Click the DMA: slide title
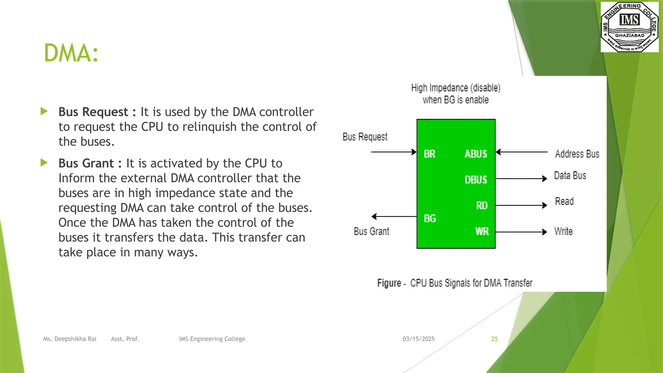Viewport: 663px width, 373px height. [x=71, y=53]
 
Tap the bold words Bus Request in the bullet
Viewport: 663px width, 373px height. [x=93, y=112]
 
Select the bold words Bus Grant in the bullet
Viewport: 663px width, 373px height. [x=86, y=164]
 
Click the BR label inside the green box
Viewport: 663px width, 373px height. [x=430, y=154]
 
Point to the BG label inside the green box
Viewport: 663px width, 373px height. [x=430, y=219]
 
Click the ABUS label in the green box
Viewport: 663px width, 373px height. [x=476, y=154]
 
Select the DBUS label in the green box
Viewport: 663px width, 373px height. [x=476, y=180]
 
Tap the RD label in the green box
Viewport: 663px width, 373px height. [x=482, y=206]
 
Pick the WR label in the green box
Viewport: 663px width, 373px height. [x=482, y=232]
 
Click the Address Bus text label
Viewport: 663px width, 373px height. [x=577, y=154]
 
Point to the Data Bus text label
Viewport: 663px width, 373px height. [x=570, y=175]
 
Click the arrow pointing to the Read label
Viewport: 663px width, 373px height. [x=521, y=205]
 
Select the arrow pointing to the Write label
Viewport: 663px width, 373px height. [x=521, y=232]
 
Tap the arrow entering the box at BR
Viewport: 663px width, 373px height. [x=393, y=152]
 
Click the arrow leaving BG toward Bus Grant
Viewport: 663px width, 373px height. [x=394, y=216]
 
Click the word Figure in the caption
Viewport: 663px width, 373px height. [x=389, y=283]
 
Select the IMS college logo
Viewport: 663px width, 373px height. [x=629, y=27]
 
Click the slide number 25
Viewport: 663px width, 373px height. [x=494, y=339]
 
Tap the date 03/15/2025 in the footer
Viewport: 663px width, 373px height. [x=418, y=339]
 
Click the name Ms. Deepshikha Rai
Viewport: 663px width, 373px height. [x=70, y=339]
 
